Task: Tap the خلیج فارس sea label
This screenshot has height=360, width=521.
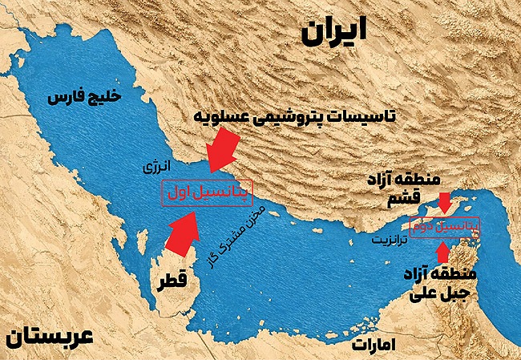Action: (83, 99)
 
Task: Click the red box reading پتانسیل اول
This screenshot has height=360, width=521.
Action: (207, 193)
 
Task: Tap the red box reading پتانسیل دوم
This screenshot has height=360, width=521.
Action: (444, 227)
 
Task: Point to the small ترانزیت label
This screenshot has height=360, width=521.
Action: (389, 239)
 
